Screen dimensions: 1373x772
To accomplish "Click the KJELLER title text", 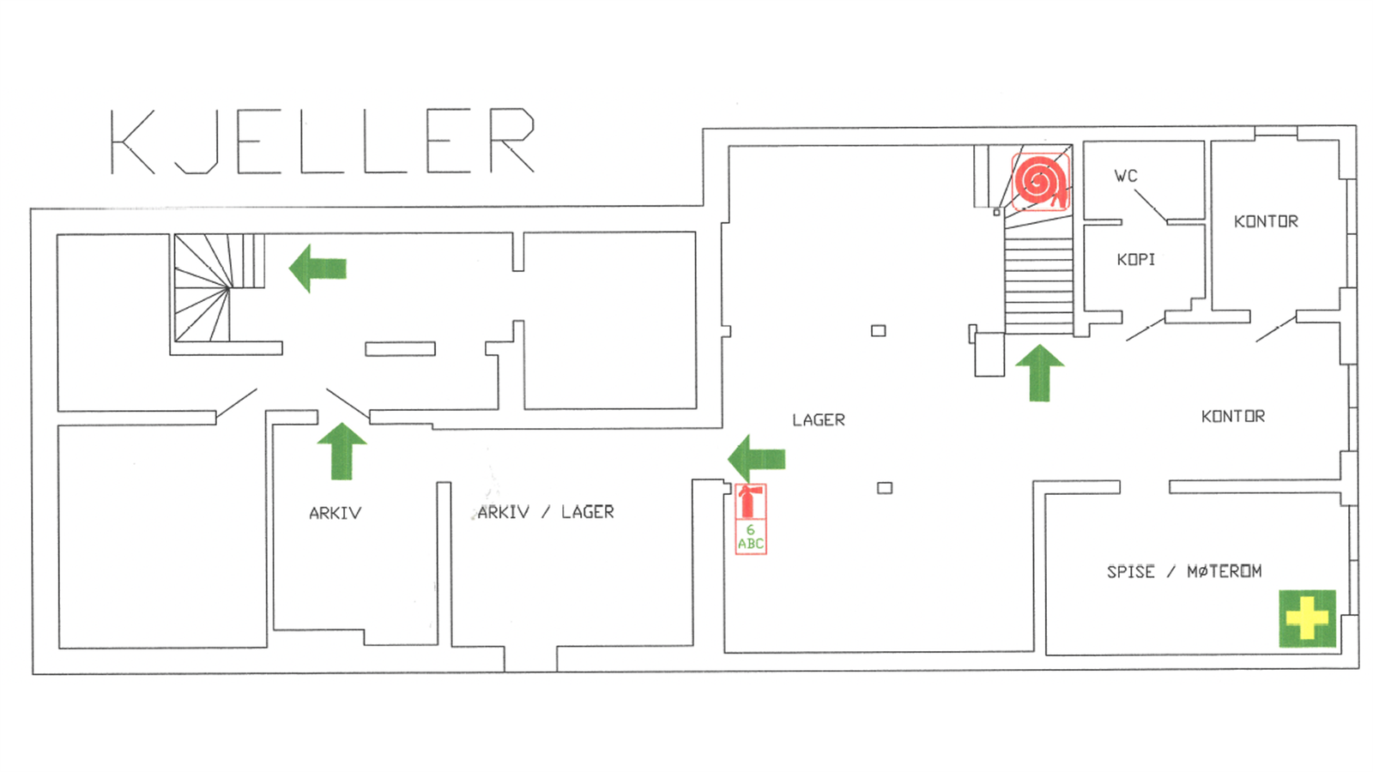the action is pos(323,142).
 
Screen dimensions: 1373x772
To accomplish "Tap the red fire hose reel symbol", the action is pos(1040,182).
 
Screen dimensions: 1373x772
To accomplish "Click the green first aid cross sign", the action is pos(1307,618).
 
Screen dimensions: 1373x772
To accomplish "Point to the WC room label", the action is pos(1125,177).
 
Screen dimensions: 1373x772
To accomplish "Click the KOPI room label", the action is pos(1136,260).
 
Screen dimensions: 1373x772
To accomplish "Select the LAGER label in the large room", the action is pos(819,420).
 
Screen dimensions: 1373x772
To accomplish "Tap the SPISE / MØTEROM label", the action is pos(1184,571).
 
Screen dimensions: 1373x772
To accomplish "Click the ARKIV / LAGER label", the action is pos(546,512).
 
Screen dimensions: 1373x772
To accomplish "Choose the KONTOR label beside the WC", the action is pos(1266,221).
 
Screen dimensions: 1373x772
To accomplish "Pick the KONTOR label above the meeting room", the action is pos(1232,417).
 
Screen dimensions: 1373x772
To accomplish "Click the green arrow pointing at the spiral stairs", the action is pos(318,268).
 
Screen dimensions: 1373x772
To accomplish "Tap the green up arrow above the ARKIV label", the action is pos(342,451).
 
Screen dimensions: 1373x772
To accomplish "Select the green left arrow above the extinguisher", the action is pos(756,459).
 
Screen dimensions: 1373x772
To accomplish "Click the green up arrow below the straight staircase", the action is pos(1039,372).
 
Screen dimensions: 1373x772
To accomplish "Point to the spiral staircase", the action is pos(219,287).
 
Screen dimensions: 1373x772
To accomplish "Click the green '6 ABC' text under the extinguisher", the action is pos(750,537).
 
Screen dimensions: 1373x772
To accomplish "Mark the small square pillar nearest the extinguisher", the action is pos(885,488).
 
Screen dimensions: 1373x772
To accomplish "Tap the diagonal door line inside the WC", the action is pos(1150,206).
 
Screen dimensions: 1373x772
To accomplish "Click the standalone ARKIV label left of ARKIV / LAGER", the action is pos(336,514).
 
